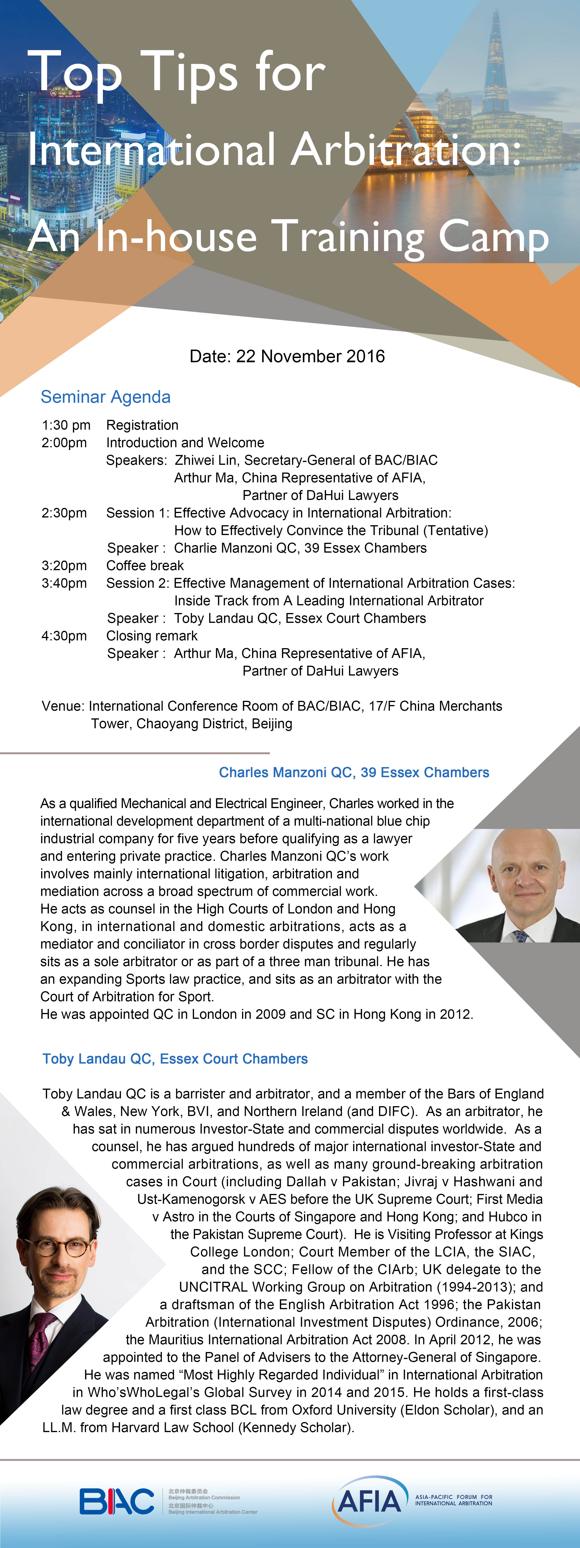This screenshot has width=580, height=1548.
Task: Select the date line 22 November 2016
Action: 287,356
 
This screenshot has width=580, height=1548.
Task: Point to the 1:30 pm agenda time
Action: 66,425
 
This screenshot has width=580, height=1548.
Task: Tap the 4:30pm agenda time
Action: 64,636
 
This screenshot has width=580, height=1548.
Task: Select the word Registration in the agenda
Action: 142,425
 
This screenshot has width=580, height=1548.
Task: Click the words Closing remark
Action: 152,636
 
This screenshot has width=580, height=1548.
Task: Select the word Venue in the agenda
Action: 62,706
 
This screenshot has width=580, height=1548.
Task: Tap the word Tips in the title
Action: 189,72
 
